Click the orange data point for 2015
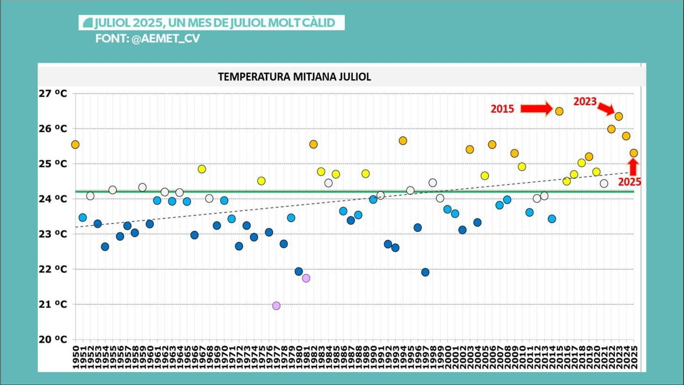[559, 111]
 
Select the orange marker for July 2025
[634, 153]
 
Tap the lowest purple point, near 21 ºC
[276, 306]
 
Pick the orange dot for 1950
[75, 145]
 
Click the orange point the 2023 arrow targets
[619, 116]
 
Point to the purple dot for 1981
[306, 278]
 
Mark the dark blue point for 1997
[425, 272]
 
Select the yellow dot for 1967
[202, 169]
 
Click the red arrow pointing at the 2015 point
[536, 109]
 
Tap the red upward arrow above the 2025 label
[633, 166]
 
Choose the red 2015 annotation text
[502, 109]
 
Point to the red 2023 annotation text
[584, 101]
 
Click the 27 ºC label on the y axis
[53, 94]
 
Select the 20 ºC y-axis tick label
[53, 340]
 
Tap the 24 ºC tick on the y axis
[53, 199]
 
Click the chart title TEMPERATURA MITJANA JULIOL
[295, 77]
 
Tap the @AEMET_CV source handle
[165, 38]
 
